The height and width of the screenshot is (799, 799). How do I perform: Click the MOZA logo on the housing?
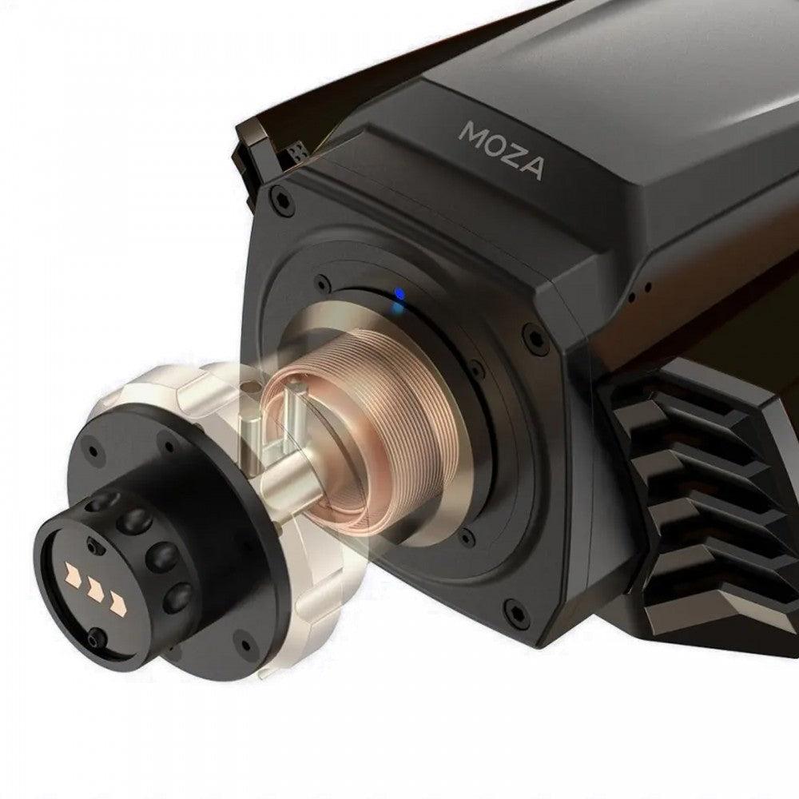coord(502,150)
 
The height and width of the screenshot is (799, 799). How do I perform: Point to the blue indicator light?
coord(400,294)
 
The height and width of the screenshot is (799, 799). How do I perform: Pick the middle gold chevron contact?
coord(95,589)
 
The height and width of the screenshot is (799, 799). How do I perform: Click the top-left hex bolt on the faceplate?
coord(280,199)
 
